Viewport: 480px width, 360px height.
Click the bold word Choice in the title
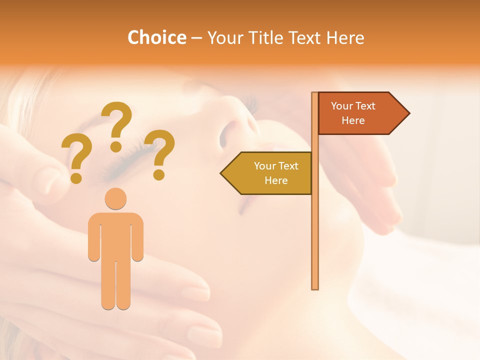click(156, 37)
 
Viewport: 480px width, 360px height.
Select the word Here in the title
click(345, 37)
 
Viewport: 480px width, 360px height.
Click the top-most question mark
click(117, 125)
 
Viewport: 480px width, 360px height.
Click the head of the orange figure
click(115, 199)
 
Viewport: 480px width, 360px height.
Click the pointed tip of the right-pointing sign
click(408, 113)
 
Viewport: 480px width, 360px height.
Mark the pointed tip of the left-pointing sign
click(221, 173)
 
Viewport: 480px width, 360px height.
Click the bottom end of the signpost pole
click(315, 287)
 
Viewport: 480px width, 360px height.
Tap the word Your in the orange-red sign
click(342, 106)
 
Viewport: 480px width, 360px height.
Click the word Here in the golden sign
click(276, 180)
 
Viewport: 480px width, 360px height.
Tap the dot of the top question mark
click(116, 146)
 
